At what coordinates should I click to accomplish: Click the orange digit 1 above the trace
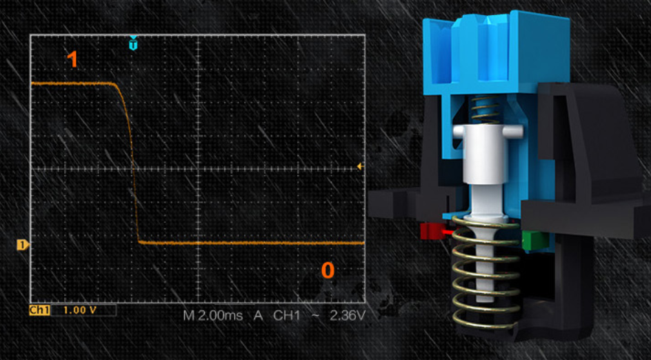tap(72, 59)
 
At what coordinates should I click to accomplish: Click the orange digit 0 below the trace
tap(328, 270)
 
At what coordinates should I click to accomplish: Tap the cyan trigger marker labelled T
tap(133, 43)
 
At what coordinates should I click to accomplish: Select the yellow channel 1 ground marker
tap(23, 245)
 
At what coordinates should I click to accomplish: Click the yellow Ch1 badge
tap(39, 310)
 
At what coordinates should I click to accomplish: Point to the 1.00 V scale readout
tap(80, 310)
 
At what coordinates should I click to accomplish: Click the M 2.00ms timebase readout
tap(212, 316)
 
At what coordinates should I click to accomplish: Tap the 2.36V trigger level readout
tap(348, 316)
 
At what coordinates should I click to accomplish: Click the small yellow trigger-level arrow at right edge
tap(360, 166)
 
